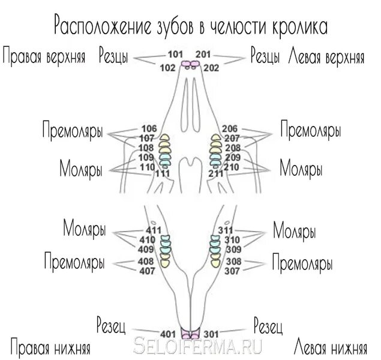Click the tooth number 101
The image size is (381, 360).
pos(175,55)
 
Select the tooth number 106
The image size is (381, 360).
pos(148,128)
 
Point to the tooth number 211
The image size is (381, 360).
pos(216,173)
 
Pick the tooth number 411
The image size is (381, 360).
pos(154,230)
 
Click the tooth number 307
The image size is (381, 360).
pos(233,271)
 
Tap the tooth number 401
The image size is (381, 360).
pos(167,334)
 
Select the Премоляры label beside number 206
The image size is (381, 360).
pos(311,130)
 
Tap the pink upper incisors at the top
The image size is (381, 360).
pos(191,63)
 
